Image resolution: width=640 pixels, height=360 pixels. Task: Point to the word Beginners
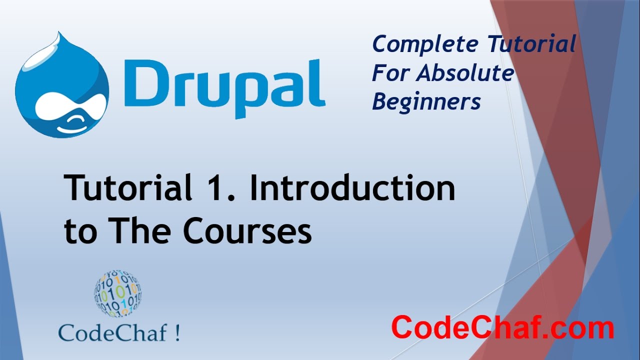(x=426, y=102)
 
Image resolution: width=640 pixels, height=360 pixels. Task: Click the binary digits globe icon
(x=117, y=294)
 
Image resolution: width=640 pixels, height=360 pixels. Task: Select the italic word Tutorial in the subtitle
(x=532, y=44)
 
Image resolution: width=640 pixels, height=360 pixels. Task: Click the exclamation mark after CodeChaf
(x=177, y=332)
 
